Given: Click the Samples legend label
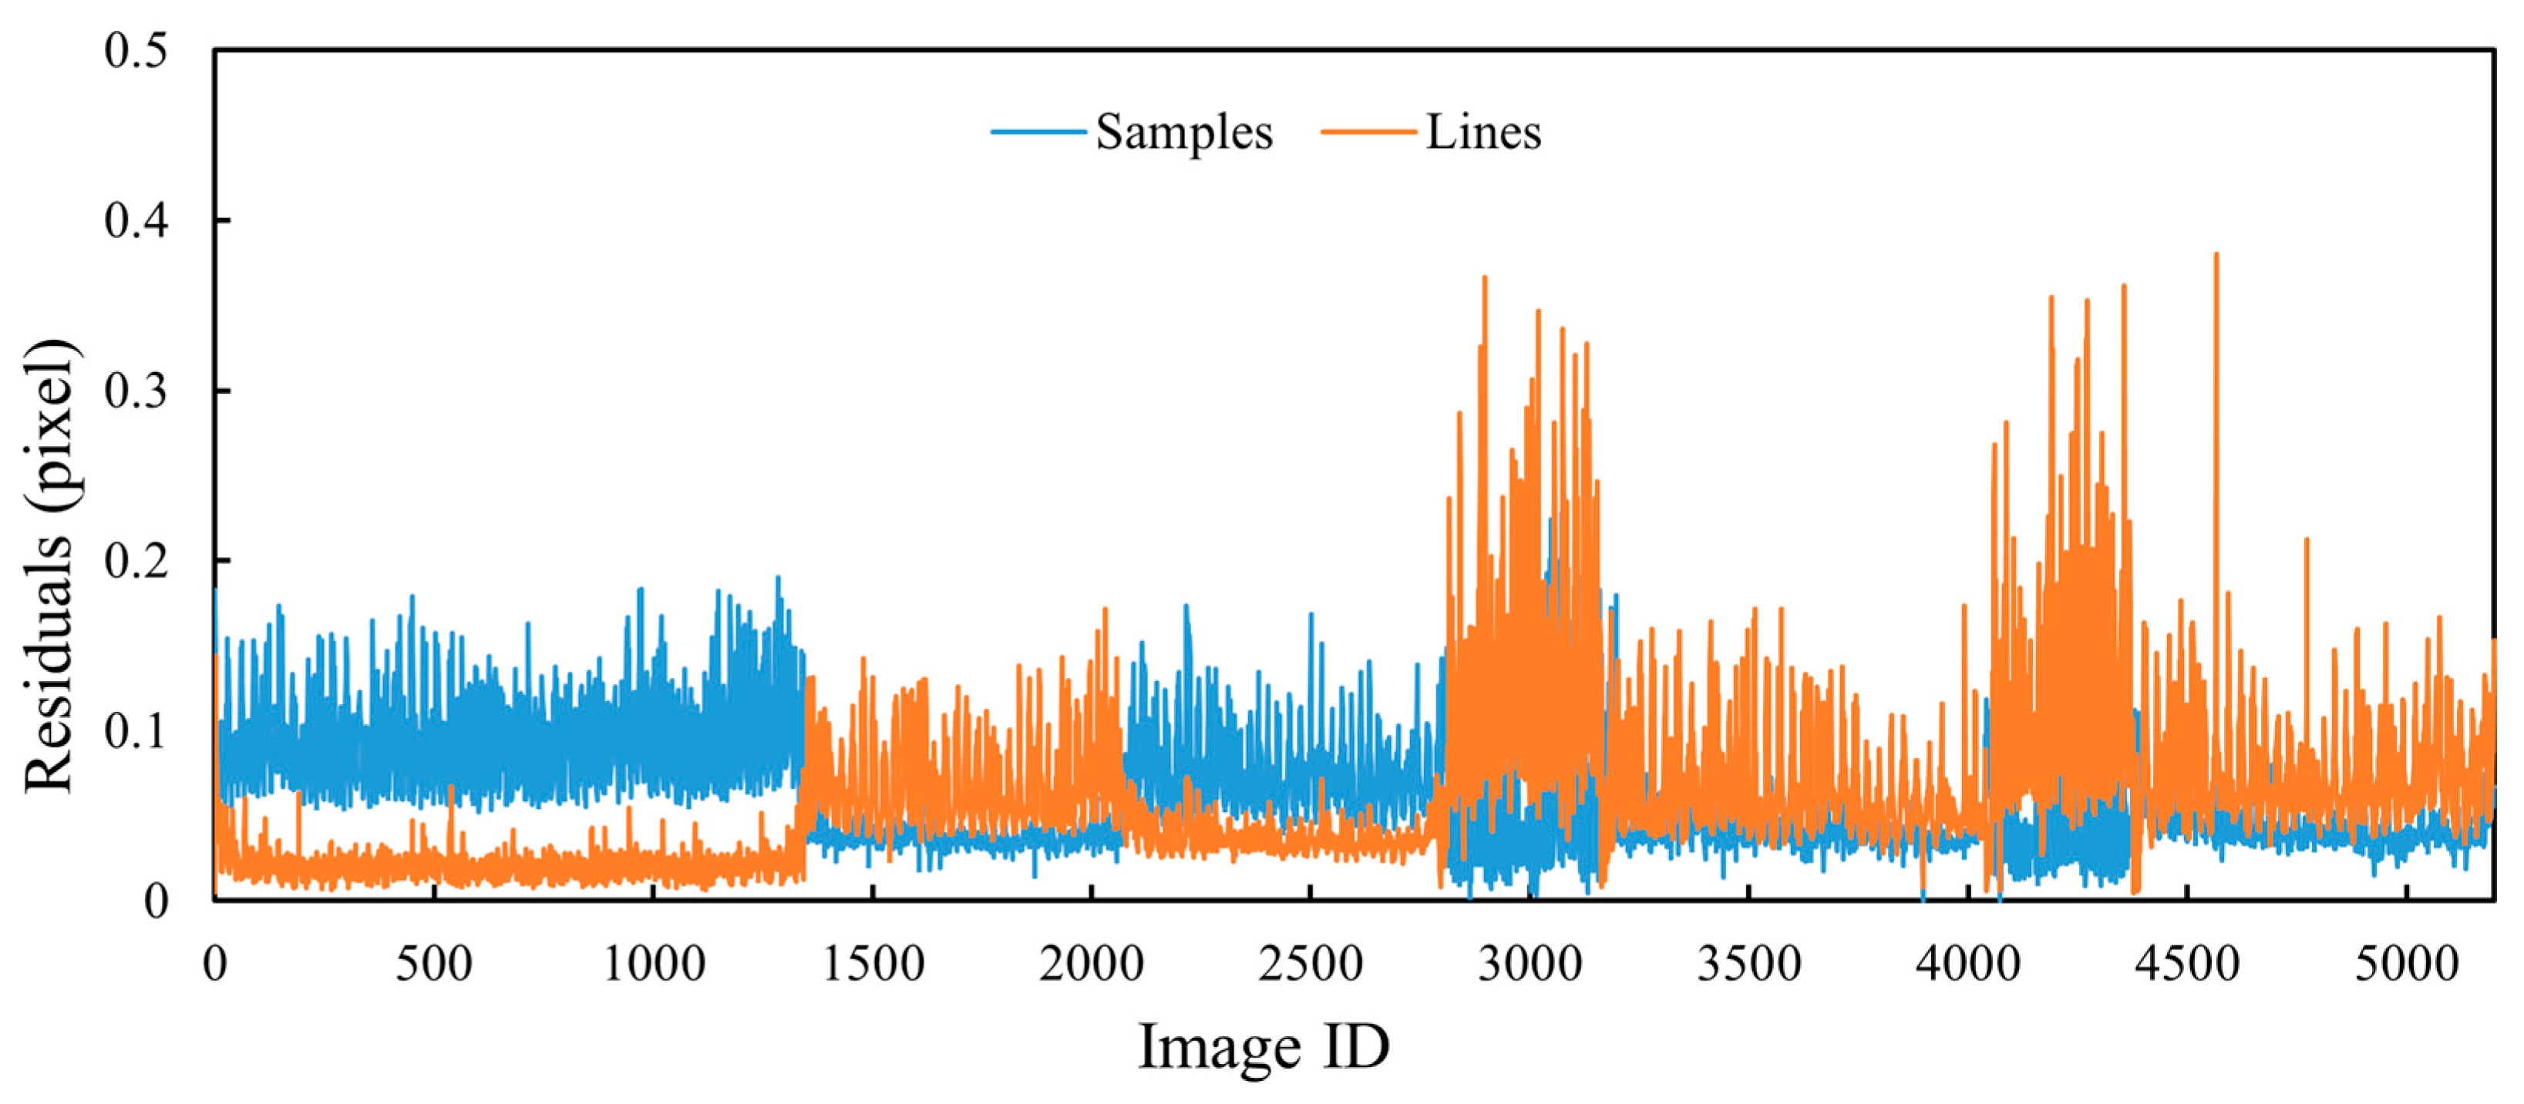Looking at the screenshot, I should [x=1183, y=133].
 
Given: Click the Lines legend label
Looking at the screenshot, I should [x=1483, y=133].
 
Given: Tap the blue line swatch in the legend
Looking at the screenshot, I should [x=1038, y=133].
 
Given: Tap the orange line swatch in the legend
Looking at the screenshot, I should [x=1369, y=133].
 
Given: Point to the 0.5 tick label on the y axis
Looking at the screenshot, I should [x=136, y=50].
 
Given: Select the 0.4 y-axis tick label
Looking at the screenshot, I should [x=136, y=220].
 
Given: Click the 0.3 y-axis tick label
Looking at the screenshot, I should [x=136, y=391].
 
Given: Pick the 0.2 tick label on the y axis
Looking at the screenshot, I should [x=136, y=562].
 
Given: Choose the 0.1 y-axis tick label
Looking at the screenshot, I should [x=136, y=731].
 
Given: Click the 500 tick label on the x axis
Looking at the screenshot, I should [x=433, y=964].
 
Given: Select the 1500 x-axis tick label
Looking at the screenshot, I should [x=872, y=964].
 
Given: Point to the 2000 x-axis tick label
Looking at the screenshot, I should [x=1092, y=964].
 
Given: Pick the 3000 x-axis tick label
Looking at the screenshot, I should [x=1530, y=964].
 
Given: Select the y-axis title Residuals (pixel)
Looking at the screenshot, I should [x=49, y=565].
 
